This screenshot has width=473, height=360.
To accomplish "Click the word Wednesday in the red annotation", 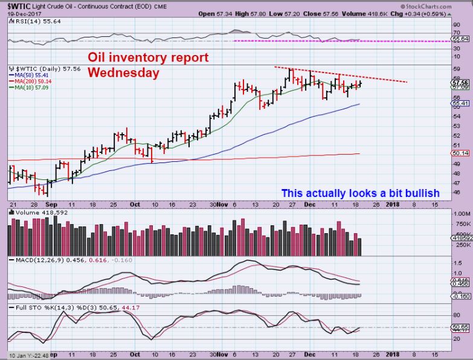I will (124, 72).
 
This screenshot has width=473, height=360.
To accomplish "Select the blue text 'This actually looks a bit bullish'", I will (360, 193).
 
